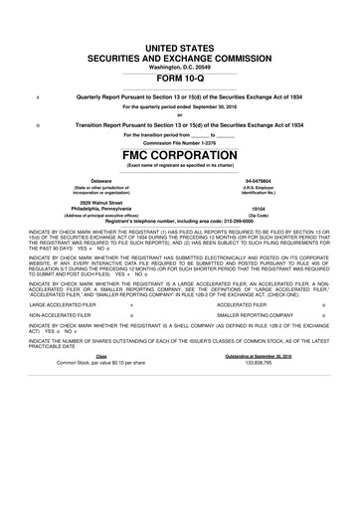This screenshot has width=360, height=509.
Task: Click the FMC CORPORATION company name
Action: pyautogui.click(x=179, y=156)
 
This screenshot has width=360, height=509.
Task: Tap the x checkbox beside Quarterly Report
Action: pyautogui.click(x=38, y=95)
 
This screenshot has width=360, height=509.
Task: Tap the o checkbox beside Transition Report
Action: pyautogui.click(x=38, y=123)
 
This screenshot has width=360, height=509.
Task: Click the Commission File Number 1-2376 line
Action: pyautogui.click(x=179, y=143)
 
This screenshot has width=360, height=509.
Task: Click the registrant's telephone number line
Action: pyautogui.click(x=179, y=220)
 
